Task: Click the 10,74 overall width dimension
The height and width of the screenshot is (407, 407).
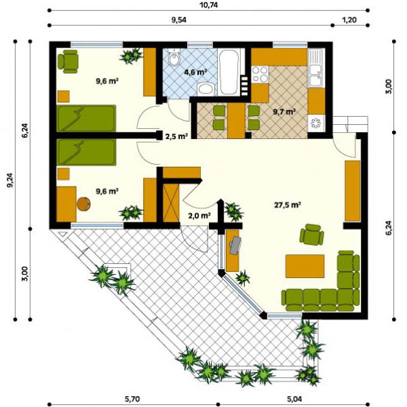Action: click(x=209, y=5)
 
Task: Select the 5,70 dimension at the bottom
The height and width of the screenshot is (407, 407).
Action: click(x=132, y=398)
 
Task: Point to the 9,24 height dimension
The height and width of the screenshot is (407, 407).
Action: click(x=11, y=180)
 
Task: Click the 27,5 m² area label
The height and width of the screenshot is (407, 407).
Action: click(x=288, y=205)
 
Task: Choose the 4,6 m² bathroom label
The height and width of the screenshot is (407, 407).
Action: click(x=195, y=72)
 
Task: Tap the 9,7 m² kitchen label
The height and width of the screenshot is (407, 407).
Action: click(x=284, y=112)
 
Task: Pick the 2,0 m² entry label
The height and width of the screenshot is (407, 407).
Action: click(x=199, y=215)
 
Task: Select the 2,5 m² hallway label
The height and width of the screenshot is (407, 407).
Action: click(x=176, y=136)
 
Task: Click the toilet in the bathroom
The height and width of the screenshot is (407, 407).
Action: click(x=174, y=57)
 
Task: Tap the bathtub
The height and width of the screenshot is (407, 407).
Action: click(x=229, y=72)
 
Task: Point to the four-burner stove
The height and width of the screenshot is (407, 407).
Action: click(x=260, y=74)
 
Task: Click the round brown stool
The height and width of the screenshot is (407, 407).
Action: click(x=83, y=204)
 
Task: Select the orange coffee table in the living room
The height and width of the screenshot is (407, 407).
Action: click(x=305, y=266)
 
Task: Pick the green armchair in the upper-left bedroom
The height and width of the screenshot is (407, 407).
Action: click(x=68, y=62)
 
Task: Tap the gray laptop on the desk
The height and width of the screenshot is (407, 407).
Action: click(x=235, y=244)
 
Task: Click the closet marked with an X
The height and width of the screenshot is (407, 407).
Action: click(x=171, y=203)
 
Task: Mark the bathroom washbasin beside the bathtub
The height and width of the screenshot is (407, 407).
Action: click(x=206, y=90)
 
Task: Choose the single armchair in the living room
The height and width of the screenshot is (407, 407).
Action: click(x=312, y=235)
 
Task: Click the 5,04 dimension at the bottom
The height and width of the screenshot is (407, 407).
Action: click(x=294, y=398)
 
